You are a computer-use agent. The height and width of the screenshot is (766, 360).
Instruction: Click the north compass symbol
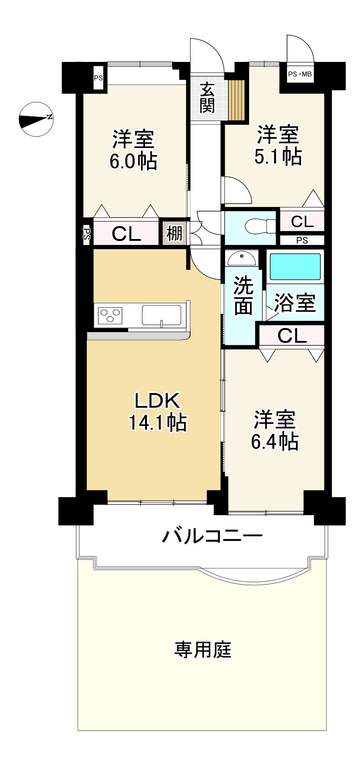pos(36,120)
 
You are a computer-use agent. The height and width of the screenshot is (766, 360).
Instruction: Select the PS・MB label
pos(300,75)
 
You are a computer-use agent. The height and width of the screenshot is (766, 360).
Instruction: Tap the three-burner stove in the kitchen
pos(110,314)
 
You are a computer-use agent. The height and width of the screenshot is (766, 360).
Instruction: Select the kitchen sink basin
pos(161,315)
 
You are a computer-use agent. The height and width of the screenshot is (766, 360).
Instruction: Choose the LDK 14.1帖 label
pos(157,411)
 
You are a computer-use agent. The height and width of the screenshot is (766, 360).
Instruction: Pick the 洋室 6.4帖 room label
pos(275,430)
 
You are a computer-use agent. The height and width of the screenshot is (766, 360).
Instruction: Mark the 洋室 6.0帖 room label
pos(133,150)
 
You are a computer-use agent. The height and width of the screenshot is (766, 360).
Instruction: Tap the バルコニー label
pos(213,536)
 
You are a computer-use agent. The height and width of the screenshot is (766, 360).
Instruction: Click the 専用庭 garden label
pos(203,649)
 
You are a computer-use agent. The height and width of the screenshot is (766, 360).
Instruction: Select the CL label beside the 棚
pos(126,234)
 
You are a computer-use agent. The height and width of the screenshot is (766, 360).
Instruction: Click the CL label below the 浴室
pos(292,336)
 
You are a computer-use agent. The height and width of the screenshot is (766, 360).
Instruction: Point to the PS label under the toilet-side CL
pos(302,241)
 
